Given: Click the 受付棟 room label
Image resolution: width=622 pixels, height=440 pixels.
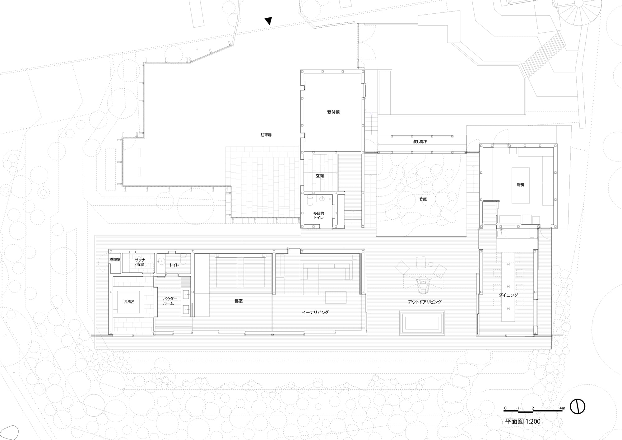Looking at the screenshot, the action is [333, 112].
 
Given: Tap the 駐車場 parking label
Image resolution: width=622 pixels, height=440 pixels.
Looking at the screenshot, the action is [266, 135].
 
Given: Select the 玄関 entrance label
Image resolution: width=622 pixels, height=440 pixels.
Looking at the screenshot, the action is [320, 176].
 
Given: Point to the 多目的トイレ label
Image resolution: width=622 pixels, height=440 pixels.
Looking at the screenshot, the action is [318, 215].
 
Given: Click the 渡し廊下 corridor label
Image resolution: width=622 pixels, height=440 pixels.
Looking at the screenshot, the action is [420, 142].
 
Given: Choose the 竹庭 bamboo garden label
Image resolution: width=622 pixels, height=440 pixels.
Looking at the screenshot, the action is [423, 199].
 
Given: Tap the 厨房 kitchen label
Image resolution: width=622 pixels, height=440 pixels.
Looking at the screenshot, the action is [520, 185].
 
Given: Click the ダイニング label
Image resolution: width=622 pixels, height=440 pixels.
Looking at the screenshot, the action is [508, 295].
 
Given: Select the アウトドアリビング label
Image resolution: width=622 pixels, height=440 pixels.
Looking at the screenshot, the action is [425, 302].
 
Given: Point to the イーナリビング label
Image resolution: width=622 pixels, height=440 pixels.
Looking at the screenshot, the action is [315, 312].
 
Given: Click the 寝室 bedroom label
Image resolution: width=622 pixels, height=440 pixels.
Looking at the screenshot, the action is [239, 301].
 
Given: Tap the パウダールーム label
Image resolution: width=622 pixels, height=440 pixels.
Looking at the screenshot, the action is [170, 301].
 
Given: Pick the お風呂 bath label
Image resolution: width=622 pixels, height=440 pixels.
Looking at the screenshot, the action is [129, 302].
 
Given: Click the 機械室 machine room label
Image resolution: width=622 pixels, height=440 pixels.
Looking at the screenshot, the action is [115, 260].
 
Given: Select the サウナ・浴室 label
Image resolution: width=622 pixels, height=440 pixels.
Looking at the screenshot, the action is [140, 262].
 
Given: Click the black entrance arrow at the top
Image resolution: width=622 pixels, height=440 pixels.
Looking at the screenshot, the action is [268, 21].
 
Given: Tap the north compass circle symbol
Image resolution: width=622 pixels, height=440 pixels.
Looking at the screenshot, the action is [578, 415].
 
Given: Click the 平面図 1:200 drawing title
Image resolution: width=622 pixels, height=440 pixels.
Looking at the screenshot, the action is [522, 430].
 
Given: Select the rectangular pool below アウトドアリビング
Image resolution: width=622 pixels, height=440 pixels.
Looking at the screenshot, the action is [422, 323].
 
